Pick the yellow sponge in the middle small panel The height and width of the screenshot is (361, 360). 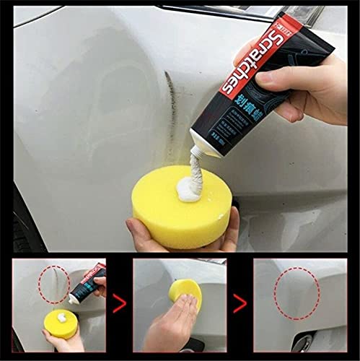(x=185, y=292)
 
